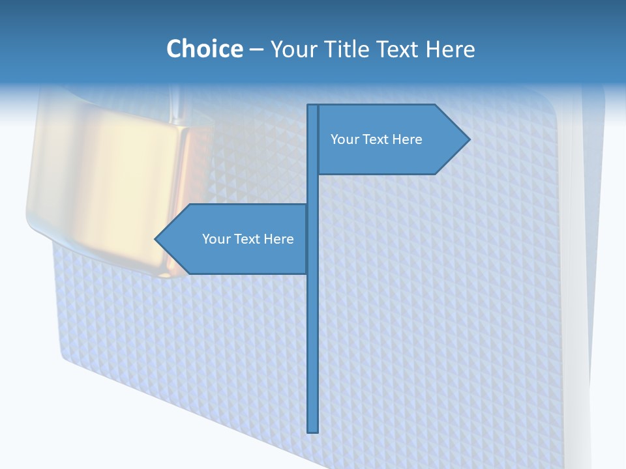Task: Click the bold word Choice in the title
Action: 204,49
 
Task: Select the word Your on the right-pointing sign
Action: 344,139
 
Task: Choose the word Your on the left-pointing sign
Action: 215,239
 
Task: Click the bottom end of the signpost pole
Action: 313,430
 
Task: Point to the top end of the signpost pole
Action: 313,107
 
